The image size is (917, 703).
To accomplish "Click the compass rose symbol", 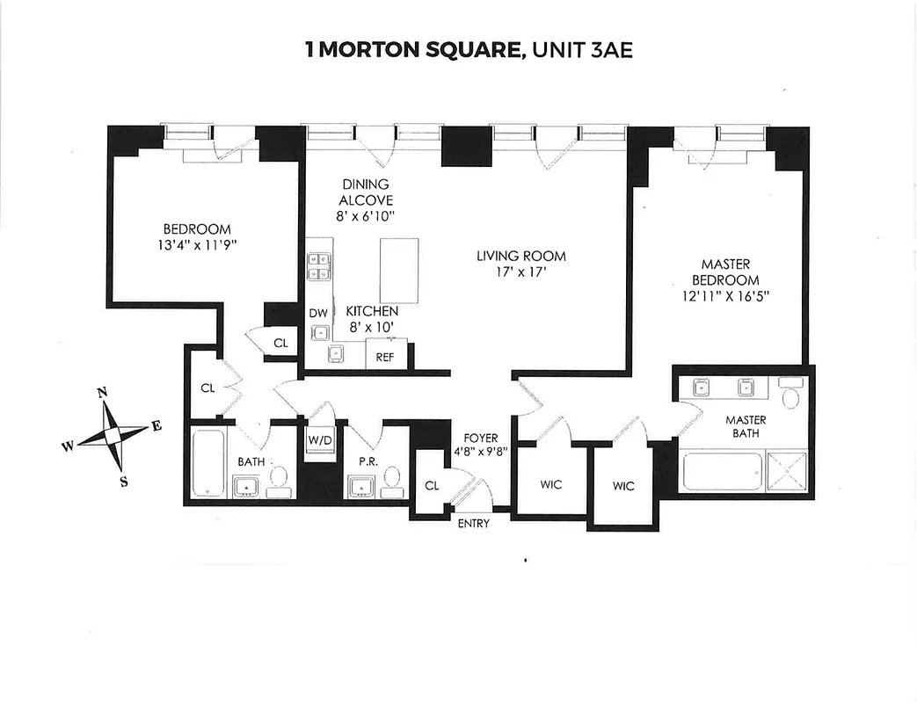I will (x=112, y=434).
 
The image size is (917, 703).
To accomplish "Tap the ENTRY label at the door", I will (x=473, y=524).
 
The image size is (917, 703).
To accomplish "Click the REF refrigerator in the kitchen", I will (x=384, y=357).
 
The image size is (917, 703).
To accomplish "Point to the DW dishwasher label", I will (x=317, y=313).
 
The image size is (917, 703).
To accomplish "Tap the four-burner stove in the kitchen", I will (x=318, y=266).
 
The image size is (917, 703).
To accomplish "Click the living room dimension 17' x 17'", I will (x=520, y=272).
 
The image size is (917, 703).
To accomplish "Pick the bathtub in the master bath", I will (x=721, y=472).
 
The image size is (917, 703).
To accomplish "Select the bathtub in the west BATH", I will (x=209, y=464).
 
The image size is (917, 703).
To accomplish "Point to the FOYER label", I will (x=482, y=438).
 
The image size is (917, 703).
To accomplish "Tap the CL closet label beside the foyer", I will (x=432, y=486).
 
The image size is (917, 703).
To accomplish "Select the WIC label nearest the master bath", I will (x=622, y=486).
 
